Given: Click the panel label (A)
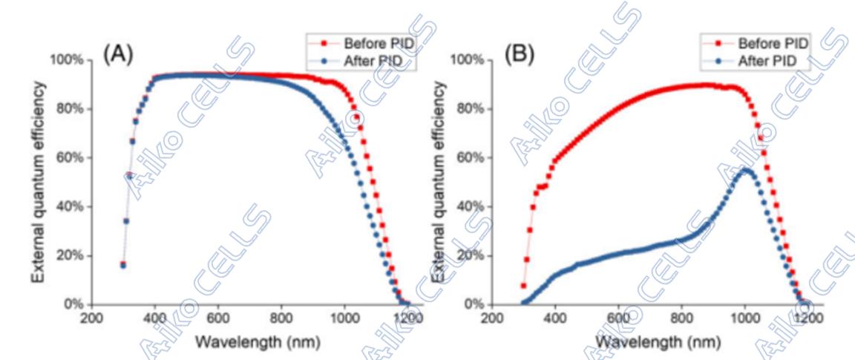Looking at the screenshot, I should coord(118,55).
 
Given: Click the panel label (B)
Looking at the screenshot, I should coord(519,55).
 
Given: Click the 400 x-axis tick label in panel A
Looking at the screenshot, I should coord(154,318).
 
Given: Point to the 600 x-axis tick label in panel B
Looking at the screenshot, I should coord(618,318).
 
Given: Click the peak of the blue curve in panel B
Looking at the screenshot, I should coord(745,171).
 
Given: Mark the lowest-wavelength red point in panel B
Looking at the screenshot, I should coord(523,286).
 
